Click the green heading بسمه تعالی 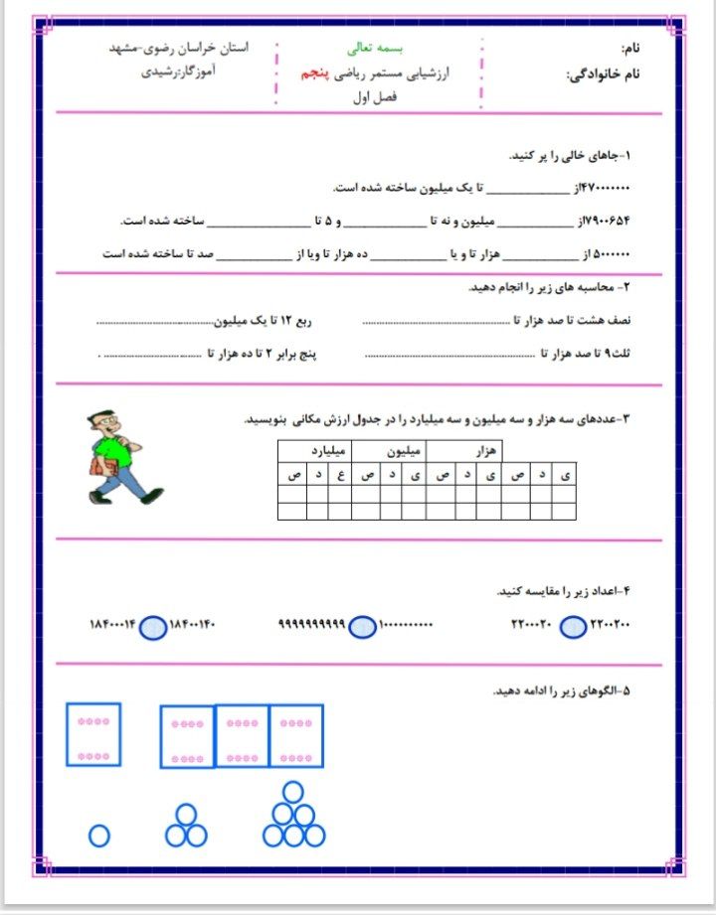(369, 47)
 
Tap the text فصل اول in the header (376, 97)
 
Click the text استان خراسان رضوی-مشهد (179, 47)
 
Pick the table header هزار (483, 451)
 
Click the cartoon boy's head (103, 425)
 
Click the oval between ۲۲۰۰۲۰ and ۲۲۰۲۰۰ (574, 626)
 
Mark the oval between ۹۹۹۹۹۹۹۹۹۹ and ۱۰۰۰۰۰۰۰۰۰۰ (364, 626)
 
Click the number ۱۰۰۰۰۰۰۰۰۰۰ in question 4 (407, 626)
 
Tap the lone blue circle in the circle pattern (98, 837)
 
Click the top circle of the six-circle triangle (292, 792)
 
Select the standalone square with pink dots (93, 734)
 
